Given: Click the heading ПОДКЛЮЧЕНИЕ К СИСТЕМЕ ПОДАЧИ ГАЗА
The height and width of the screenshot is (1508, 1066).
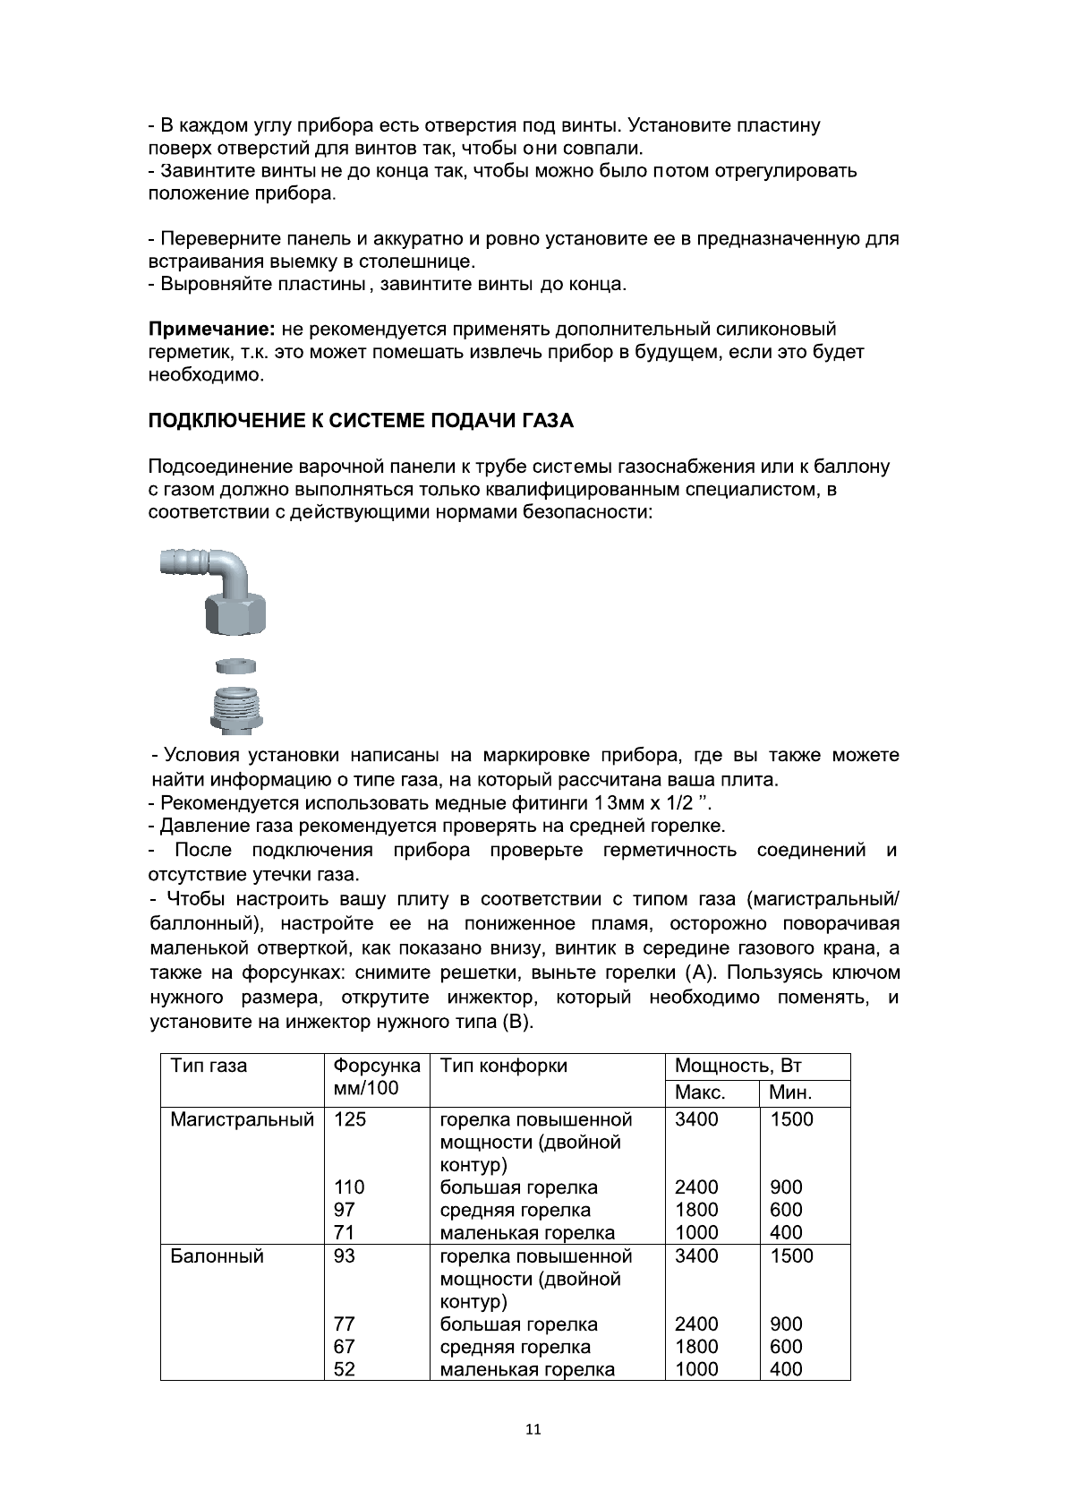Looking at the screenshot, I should point(361,421).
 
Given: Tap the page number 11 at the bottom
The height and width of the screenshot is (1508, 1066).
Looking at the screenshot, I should point(533,1429).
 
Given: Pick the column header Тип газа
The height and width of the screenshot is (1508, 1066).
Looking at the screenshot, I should point(209,1066).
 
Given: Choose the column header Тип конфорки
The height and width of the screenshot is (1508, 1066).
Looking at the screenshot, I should point(503,1066).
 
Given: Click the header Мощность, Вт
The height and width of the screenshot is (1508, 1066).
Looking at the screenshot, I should point(738,1066).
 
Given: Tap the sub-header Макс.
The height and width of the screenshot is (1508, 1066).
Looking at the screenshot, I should point(700,1092).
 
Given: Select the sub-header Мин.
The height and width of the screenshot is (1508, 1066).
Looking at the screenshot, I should point(790,1092).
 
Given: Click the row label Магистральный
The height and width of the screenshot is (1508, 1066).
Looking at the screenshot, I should point(242,1119).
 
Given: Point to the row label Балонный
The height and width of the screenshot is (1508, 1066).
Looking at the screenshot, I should point(217,1256).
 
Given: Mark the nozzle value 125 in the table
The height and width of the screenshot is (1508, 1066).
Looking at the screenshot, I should point(350,1119).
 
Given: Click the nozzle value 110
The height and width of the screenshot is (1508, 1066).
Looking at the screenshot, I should point(349,1187).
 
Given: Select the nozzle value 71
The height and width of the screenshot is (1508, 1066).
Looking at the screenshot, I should point(344,1233).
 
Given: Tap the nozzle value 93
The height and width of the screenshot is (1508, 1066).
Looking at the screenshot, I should point(344,1256).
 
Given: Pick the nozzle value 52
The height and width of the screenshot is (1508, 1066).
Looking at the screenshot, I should point(344,1369).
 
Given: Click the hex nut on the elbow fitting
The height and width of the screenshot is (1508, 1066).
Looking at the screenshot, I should point(236,614).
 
